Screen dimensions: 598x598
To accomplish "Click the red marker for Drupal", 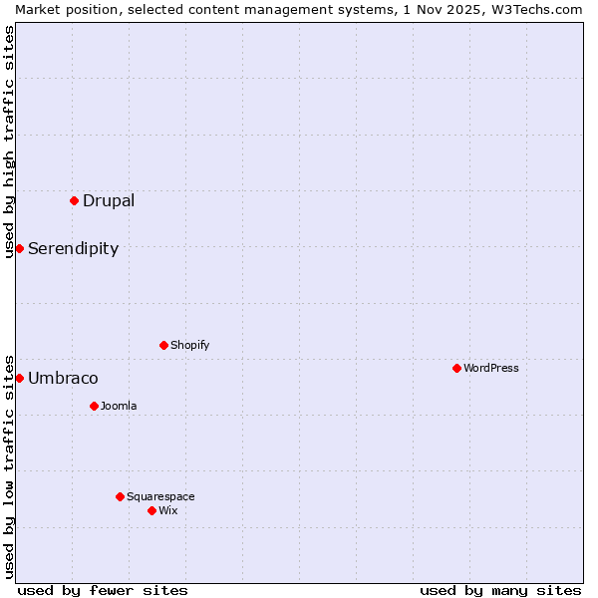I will (75, 200).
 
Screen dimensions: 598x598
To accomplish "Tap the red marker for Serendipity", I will (20, 248).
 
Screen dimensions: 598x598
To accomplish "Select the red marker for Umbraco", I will (20, 378).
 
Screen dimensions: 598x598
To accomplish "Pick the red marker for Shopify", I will (164, 345).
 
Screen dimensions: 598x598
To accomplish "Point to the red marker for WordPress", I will (457, 368).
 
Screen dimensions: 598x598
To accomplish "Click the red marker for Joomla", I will (95, 406).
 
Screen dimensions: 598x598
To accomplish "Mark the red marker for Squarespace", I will (121, 496).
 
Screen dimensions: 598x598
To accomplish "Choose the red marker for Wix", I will (152, 510).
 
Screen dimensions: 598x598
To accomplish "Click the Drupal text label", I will (109, 200).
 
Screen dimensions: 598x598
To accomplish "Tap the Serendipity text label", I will (73, 248).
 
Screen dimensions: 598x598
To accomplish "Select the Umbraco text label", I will (63, 378).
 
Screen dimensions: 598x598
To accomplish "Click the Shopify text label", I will (189, 345).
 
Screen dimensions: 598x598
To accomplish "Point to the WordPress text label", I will (491, 368).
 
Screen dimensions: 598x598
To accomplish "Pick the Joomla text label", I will (119, 406).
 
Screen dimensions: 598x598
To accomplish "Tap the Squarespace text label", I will (160, 496).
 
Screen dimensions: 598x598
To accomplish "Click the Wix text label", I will (168, 510).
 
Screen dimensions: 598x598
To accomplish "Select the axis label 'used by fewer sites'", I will (103, 590).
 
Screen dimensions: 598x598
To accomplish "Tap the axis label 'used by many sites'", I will (500, 590).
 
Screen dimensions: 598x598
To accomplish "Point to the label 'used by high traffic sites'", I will (10, 142).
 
